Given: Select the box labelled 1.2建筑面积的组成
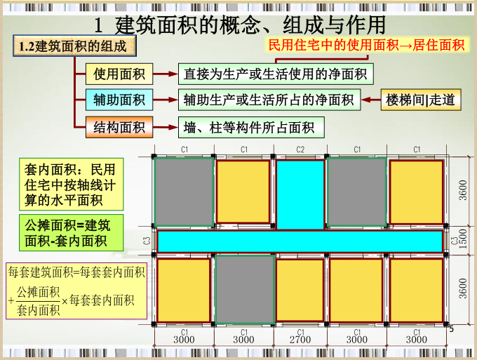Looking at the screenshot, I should pyautogui.click(x=73, y=47).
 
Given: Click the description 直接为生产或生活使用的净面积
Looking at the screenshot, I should pyautogui.click(x=275, y=73).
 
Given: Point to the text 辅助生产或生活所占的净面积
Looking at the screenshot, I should pyautogui.click(x=269, y=100).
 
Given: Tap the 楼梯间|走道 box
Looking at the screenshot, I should pyautogui.click(x=420, y=100).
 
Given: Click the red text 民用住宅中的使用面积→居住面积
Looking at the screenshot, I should pyautogui.click(x=366, y=45).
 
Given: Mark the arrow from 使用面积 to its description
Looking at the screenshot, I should pyautogui.click(x=165, y=73).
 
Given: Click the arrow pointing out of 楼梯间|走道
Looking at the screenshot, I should pyautogui.click(x=370, y=100).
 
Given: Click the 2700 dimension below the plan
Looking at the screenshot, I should pyautogui.click(x=300, y=340).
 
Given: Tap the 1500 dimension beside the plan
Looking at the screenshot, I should pyautogui.click(x=463, y=241).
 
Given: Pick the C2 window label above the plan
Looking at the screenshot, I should pyautogui.click(x=300, y=149).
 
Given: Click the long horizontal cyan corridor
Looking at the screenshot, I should pyautogui.click(x=300, y=241).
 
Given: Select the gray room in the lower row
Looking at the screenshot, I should pyautogui.click(x=244, y=289).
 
